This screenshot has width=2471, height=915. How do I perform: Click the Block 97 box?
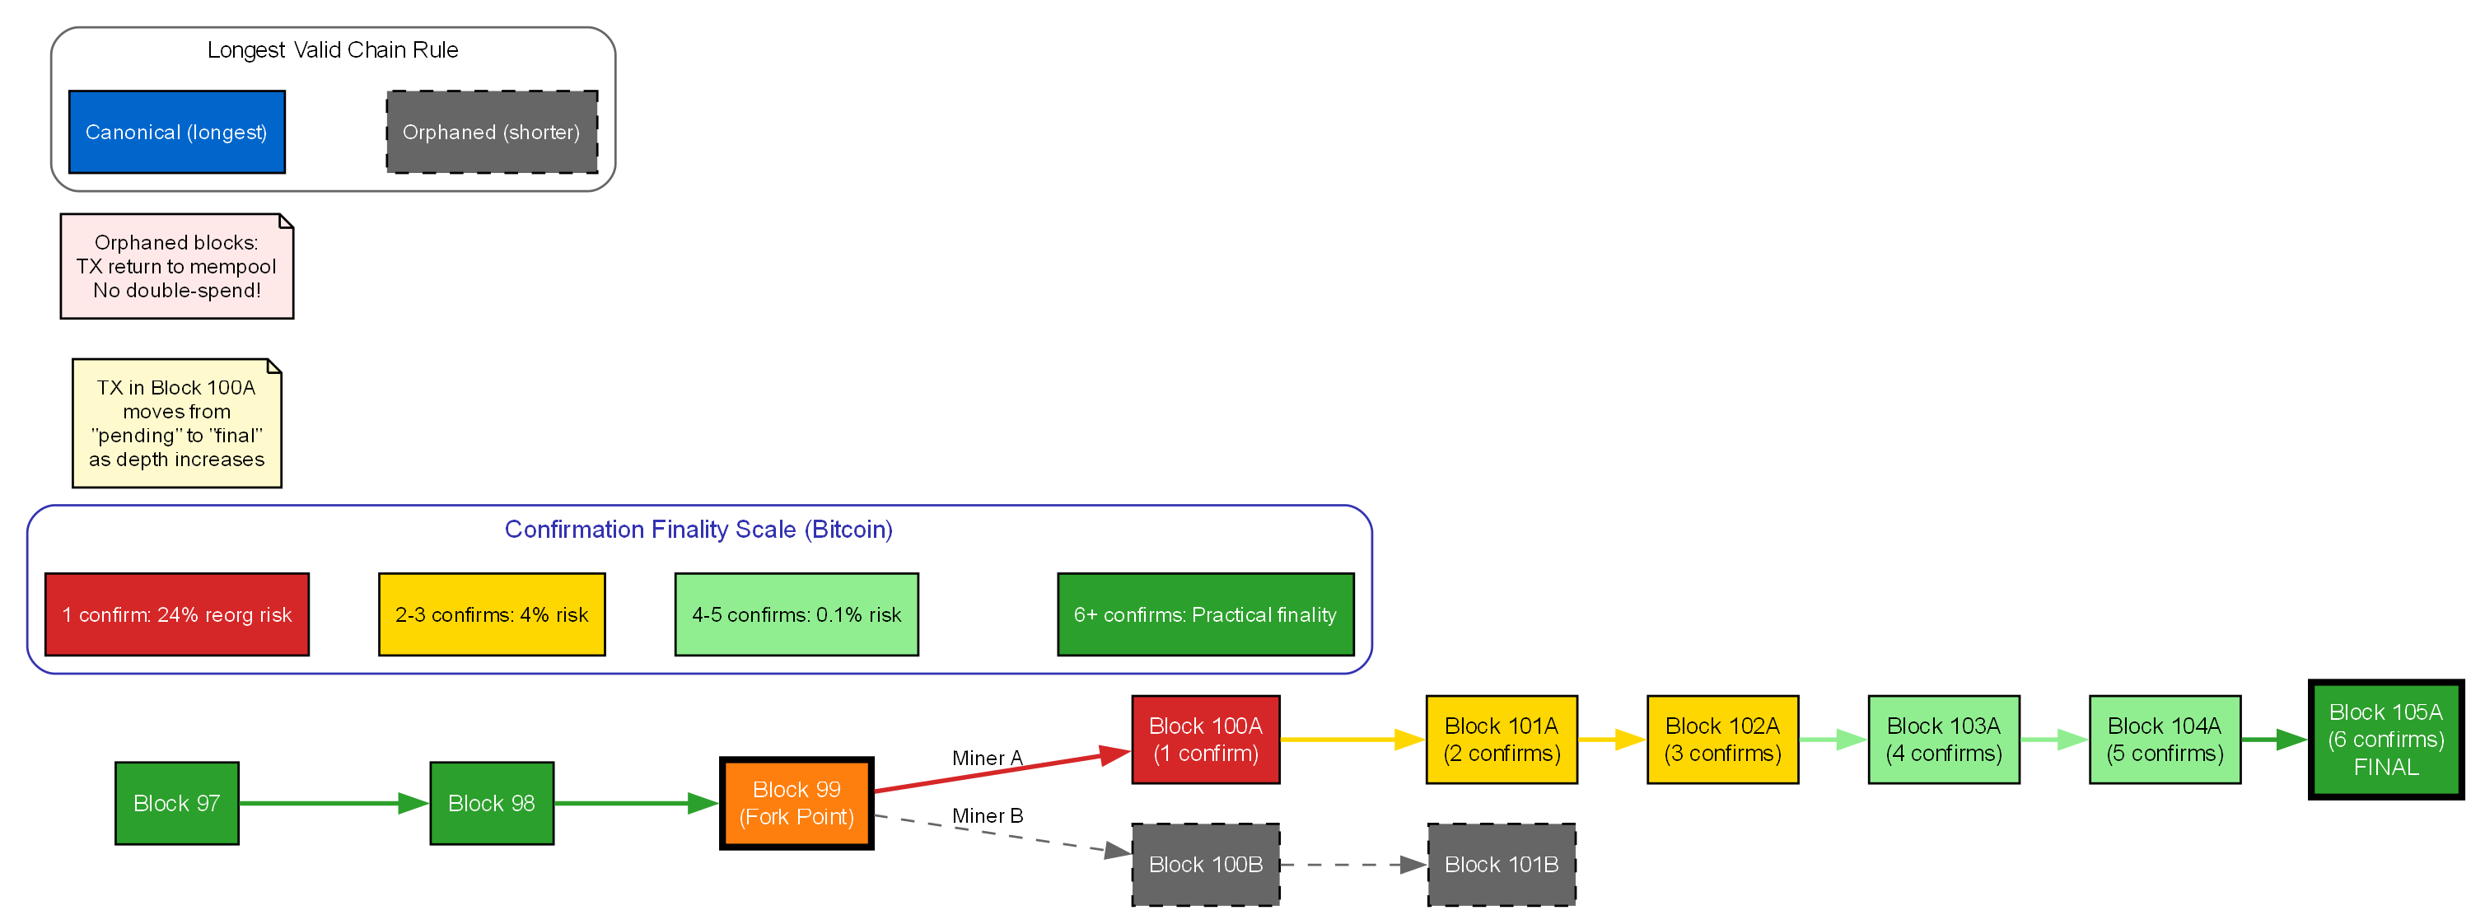coord(176,803)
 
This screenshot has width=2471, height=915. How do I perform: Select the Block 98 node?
coord(491,803)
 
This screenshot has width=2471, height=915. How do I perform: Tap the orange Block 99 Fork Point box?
coord(796,803)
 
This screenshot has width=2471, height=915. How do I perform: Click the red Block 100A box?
coord(1205,740)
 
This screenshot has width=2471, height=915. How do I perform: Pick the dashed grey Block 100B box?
coord(1205,864)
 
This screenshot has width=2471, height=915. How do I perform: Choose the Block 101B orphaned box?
coord(1502,864)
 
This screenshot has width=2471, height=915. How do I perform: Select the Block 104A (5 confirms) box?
coord(2164,740)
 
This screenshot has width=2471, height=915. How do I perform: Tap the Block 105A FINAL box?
coord(2385,740)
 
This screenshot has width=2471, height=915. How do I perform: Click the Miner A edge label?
coord(987,758)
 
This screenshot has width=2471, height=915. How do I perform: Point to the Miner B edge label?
coord(987,815)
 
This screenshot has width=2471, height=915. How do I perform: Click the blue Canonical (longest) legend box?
coord(176,133)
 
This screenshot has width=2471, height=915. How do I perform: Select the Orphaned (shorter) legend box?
coord(491,133)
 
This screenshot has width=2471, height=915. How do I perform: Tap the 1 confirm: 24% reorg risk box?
coord(176,614)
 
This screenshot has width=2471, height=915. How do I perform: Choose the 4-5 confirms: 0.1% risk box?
coord(796,614)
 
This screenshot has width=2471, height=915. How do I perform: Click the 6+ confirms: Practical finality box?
coord(1205,614)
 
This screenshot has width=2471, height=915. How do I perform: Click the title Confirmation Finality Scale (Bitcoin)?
coord(698,530)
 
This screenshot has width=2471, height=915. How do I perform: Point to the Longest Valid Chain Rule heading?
coord(332,50)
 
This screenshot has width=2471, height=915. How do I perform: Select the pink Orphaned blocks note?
coord(176,267)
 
